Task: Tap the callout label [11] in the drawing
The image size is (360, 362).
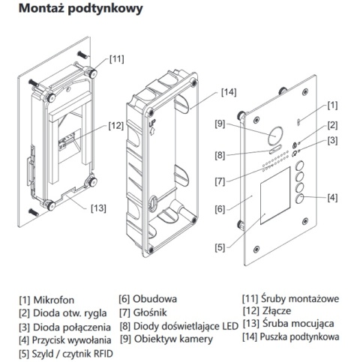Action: coord(117,58)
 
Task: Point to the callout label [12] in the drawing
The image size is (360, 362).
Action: coord(115,125)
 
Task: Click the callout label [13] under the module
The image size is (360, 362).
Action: coord(97,208)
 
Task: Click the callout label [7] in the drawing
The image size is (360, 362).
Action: coord(220,181)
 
